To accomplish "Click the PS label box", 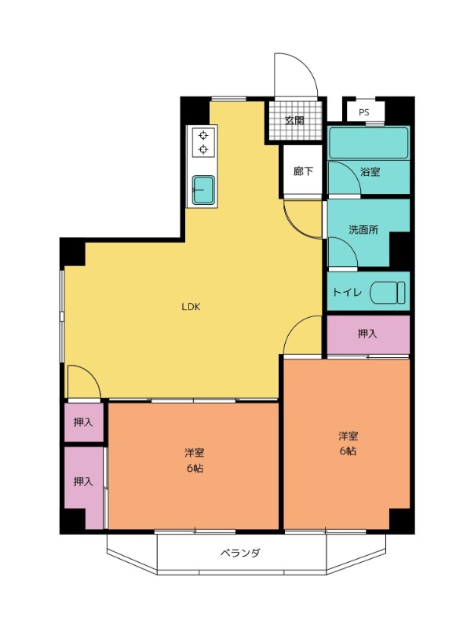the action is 365,111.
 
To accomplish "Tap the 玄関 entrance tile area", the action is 295,120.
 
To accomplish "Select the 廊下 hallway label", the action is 303,171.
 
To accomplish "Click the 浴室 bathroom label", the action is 370,172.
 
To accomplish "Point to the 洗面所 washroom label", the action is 363,230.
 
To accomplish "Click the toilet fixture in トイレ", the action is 388,293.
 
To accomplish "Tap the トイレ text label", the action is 347,292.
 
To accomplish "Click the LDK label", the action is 191,307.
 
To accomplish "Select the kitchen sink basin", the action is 203,190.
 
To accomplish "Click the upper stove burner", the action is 203,135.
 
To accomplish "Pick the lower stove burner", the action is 203,150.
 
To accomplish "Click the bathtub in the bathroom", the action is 369,143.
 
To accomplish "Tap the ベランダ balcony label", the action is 240,553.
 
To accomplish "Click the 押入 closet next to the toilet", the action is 368,335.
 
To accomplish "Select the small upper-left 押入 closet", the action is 84,422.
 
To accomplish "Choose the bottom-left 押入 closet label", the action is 83,481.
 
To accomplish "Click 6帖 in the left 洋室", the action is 195,468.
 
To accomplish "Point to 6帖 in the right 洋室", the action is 348,451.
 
